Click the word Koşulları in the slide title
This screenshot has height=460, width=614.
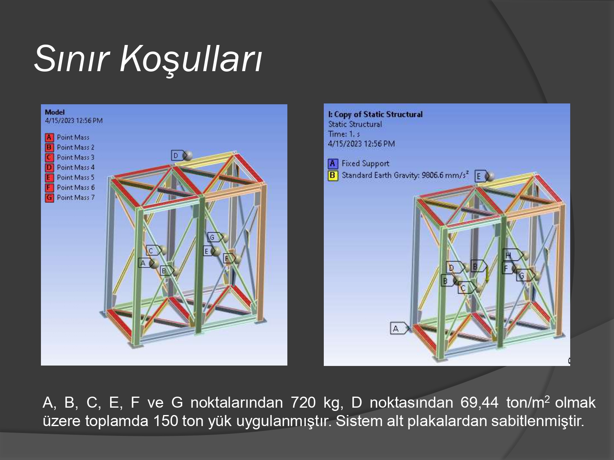tap(191, 59)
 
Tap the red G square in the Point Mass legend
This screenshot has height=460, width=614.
tap(49, 198)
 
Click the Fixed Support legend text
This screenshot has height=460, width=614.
tap(365, 164)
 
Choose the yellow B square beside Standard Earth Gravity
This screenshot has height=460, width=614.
tap(333, 176)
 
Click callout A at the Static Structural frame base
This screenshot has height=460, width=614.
tap(400, 328)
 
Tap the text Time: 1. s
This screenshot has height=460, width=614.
tap(344, 134)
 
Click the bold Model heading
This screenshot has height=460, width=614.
tap(55, 112)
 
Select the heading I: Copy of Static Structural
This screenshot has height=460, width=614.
tap(375, 114)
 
